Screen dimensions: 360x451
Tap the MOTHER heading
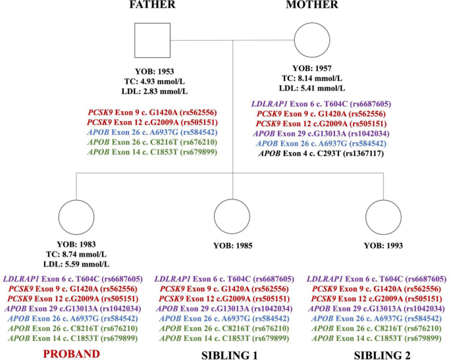click(x=312, y=5)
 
